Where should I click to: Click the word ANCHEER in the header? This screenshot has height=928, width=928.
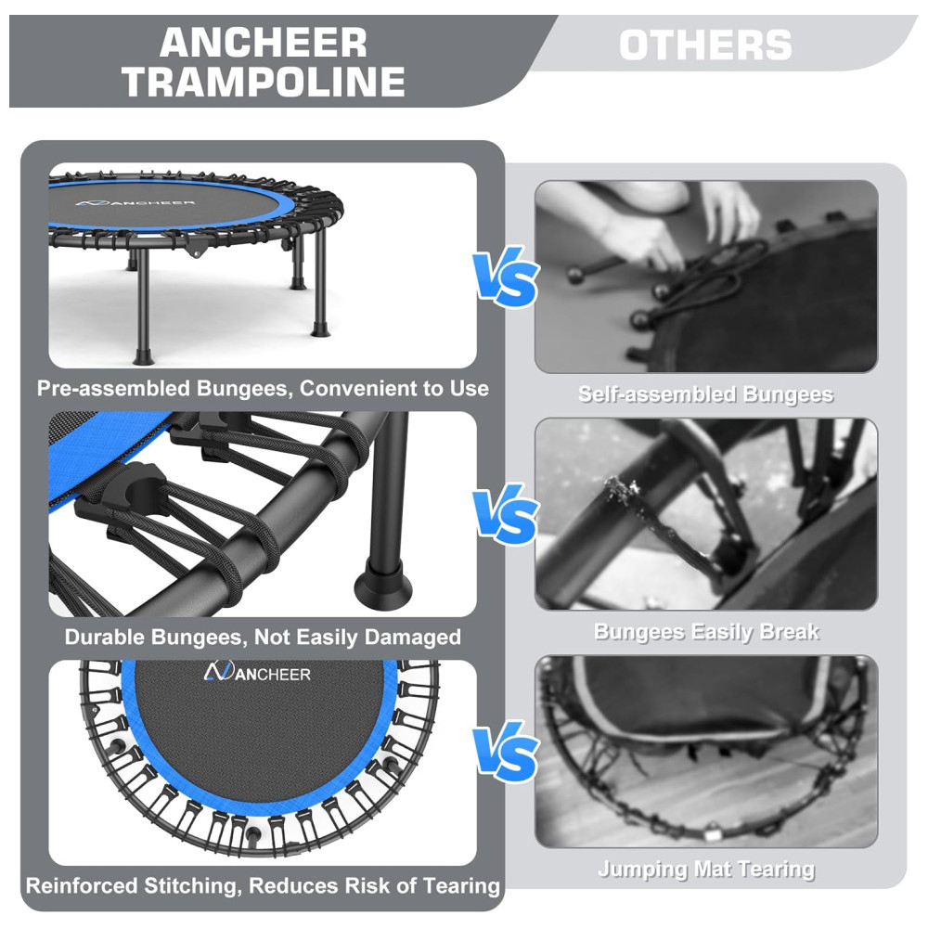pyautogui.click(x=264, y=43)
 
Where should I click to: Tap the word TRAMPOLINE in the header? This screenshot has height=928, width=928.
pyautogui.click(x=264, y=81)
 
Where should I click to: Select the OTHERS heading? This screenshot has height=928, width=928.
pyautogui.click(x=705, y=45)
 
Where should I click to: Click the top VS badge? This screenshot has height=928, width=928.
pyautogui.click(x=507, y=277)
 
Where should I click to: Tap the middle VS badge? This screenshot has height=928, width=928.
pyautogui.click(x=507, y=514)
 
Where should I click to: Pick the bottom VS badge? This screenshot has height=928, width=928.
pyautogui.click(x=507, y=751)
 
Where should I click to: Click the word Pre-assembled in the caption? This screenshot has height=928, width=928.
pyautogui.click(x=113, y=388)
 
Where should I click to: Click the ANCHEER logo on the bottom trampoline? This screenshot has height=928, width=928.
pyautogui.click(x=257, y=672)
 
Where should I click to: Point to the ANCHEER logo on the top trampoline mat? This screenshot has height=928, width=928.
pyautogui.click(x=135, y=203)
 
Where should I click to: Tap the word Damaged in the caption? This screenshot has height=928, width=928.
pyautogui.click(x=413, y=638)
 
